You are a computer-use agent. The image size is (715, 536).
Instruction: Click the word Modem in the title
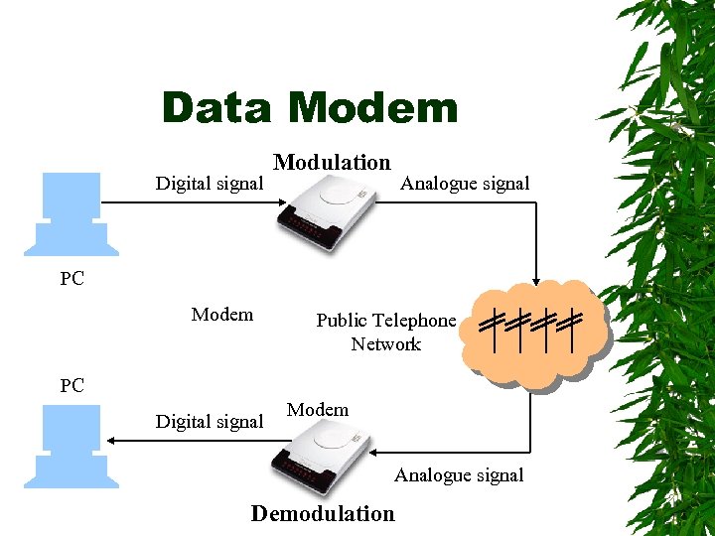(x=376, y=108)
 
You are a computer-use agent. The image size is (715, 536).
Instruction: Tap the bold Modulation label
(x=332, y=162)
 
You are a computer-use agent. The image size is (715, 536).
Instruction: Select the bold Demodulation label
(x=323, y=513)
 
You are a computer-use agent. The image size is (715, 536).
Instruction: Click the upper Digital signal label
(x=210, y=183)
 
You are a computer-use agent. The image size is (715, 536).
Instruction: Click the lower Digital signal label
(x=210, y=421)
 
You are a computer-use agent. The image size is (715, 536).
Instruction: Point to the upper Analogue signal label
(x=465, y=183)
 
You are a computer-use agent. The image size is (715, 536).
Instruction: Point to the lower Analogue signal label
(x=459, y=474)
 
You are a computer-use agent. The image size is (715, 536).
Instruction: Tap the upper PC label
(x=71, y=279)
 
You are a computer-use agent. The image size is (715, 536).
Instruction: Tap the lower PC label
(x=71, y=385)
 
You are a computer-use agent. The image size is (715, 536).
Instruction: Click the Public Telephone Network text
(x=385, y=332)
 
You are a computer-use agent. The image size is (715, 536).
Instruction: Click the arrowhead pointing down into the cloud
(x=535, y=281)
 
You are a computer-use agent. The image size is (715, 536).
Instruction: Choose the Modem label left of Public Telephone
(x=222, y=315)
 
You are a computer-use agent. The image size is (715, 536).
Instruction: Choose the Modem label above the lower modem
(x=318, y=409)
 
